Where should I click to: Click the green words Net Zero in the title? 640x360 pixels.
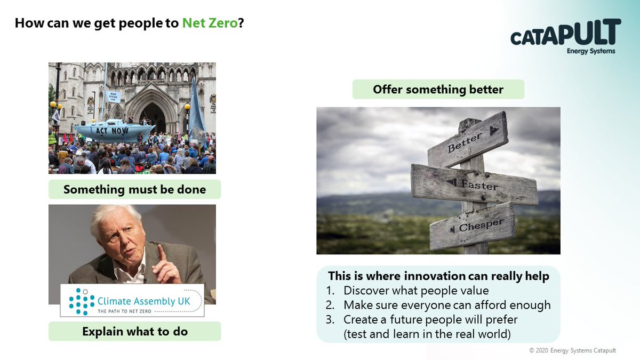pyautogui.click(x=210, y=23)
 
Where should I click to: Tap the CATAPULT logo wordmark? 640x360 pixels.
pyautogui.click(x=566, y=32)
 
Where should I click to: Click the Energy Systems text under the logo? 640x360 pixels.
pyautogui.click(x=591, y=51)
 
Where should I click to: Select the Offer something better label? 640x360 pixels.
pyautogui.click(x=438, y=90)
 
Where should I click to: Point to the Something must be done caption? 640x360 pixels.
pyautogui.click(x=134, y=189)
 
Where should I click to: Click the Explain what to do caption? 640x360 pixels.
pyautogui.click(x=135, y=331)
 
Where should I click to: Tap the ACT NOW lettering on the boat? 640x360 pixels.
pyautogui.click(x=111, y=131)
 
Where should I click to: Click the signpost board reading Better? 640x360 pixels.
pyautogui.click(x=468, y=140)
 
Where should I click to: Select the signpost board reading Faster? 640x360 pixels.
pyautogui.click(x=474, y=185)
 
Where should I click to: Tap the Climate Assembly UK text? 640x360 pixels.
pyautogui.click(x=143, y=301)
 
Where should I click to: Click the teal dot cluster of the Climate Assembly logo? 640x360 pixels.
pyautogui.click(x=82, y=302)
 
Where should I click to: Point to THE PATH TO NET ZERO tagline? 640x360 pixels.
pyautogui.click(x=124, y=311)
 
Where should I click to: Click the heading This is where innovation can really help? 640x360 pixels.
pyautogui.click(x=438, y=276)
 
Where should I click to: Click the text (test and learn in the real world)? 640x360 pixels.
pyautogui.click(x=427, y=334)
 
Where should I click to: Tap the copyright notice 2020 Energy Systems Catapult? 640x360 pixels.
pyautogui.click(x=573, y=350)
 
